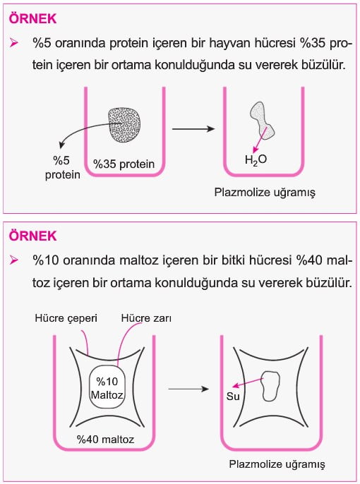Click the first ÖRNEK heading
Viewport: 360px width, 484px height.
[x=32, y=19]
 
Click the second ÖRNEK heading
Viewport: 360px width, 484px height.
[x=32, y=236]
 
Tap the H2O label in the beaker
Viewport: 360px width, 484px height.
[x=256, y=160]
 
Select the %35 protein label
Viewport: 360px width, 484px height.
[x=124, y=164]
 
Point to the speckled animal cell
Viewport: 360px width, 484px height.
[x=124, y=126]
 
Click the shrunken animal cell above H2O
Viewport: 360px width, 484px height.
[x=261, y=120]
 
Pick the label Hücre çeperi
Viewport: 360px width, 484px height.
[x=66, y=318]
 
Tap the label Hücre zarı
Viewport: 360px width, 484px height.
[x=146, y=318]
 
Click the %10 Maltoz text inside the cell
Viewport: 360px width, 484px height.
[x=107, y=388]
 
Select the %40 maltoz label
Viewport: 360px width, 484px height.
[x=106, y=439]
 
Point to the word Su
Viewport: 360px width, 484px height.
[x=233, y=396]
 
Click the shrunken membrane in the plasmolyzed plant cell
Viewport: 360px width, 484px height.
[x=270, y=386]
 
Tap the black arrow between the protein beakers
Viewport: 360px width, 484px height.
[x=193, y=128]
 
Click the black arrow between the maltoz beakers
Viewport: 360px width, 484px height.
[x=188, y=389]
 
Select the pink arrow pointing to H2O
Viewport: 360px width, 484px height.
[x=260, y=140]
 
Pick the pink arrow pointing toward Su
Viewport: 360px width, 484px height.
[x=248, y=382]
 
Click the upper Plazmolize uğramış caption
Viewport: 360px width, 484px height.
[x=265, y=193]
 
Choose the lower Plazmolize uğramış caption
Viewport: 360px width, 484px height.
[x=277, y=464]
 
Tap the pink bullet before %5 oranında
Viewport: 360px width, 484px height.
[x=14, y=43]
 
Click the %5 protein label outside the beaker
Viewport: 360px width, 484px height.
[x=62, y=168]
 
